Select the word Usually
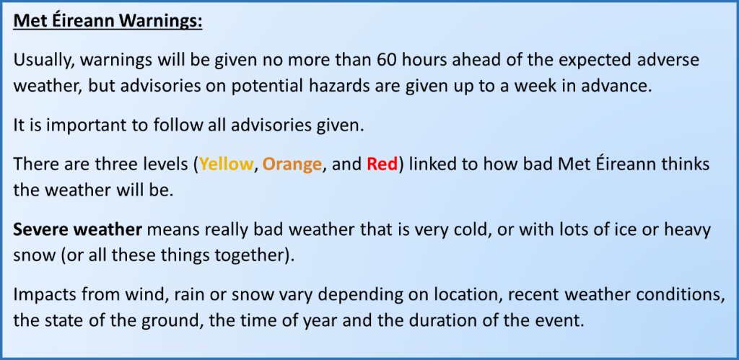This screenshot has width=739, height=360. [41, 61]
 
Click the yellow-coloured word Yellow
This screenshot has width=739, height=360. [226, 164]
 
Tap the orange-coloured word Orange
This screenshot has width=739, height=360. [292, 165]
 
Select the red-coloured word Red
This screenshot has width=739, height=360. [382, 164]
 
